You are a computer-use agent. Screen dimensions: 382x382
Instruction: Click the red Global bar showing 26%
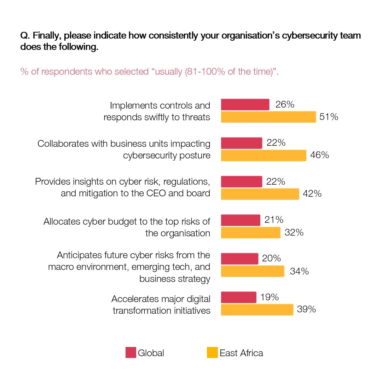point(245,105)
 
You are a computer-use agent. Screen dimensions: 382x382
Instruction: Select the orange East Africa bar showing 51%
point(268,117)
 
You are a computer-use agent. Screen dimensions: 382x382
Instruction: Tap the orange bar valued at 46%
point(264,156)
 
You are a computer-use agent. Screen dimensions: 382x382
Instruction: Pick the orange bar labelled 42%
point(260,194)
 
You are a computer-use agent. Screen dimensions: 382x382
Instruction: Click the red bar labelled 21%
point(241,220)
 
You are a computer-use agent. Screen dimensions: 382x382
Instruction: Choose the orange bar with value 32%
point(250,233)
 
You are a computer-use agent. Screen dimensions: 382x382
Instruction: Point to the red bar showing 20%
point(239,259)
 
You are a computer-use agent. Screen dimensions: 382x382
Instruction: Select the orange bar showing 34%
point(253,271)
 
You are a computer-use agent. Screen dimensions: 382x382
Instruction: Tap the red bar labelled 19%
point(238,297)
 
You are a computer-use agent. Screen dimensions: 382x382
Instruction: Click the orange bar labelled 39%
point(257,310)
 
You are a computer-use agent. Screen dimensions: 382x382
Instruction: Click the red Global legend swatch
point(131,353)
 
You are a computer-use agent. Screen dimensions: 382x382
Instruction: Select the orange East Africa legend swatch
point(212,353)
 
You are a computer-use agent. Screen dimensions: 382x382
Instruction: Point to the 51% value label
point(329,117)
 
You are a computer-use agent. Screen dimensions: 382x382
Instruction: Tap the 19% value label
point(270,297)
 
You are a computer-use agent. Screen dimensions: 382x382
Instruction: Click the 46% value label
point(319,155)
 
